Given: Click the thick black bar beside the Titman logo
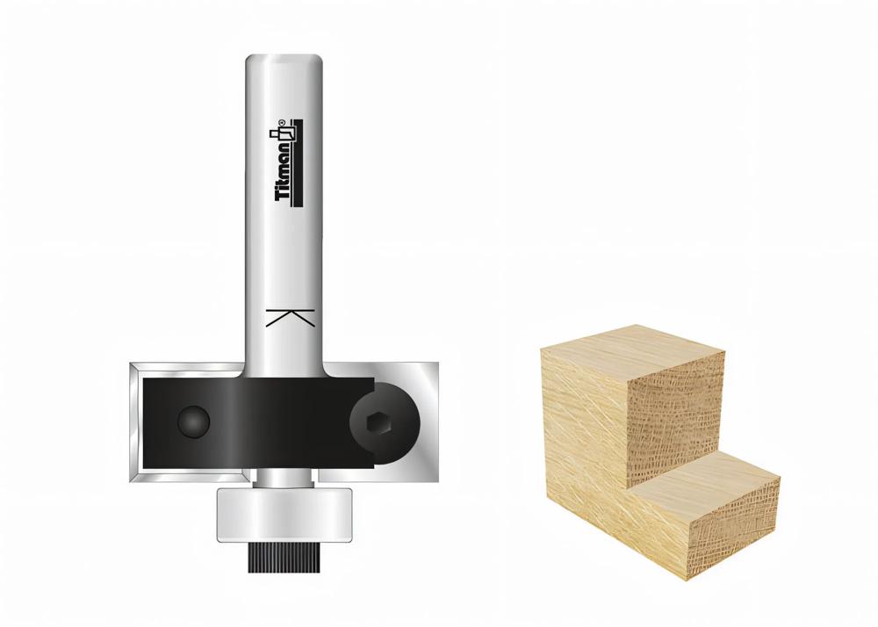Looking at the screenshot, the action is [x=299, y=162].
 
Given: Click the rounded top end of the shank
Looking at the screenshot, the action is [x=284, y=61].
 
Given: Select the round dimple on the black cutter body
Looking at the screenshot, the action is [x=194, y=421].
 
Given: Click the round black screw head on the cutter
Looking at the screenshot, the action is [x=385, y=423].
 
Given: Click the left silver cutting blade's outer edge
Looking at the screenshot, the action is [x=135, y=422].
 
